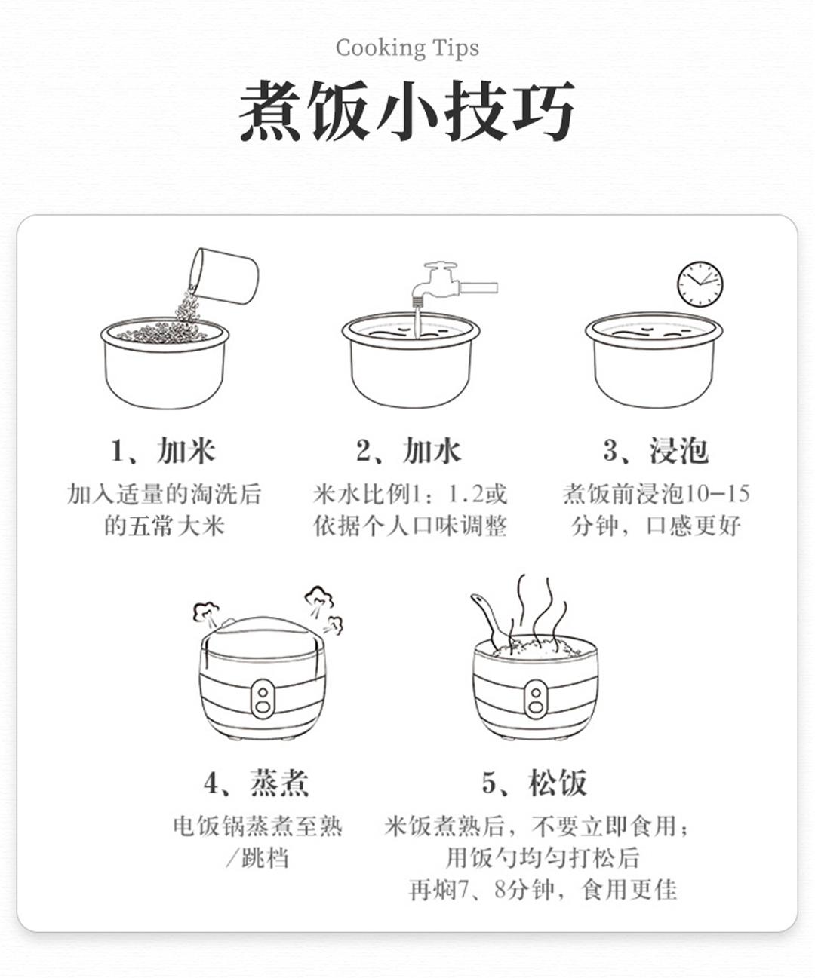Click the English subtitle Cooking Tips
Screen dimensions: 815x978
tap(407, 48)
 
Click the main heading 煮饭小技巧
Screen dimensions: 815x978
tap(407, 111)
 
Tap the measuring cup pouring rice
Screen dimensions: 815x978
tap(224, 276)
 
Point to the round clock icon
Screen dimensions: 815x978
tap(700, 284)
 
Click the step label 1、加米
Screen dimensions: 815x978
tap(163, 451)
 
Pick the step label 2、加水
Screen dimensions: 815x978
tap(408, 451)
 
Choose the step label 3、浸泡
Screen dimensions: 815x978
tap(656, 451)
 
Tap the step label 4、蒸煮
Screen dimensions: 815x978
tap(256, 783)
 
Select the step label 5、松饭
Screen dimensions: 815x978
tap(534, 783)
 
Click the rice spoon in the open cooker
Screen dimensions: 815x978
tap(491, 619)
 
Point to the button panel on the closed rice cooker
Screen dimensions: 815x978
tap(263, 698)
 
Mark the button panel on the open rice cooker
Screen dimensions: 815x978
tap(536, 698)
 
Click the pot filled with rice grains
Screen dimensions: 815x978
tap(165, 363)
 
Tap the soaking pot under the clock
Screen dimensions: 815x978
tap(654, 360)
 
